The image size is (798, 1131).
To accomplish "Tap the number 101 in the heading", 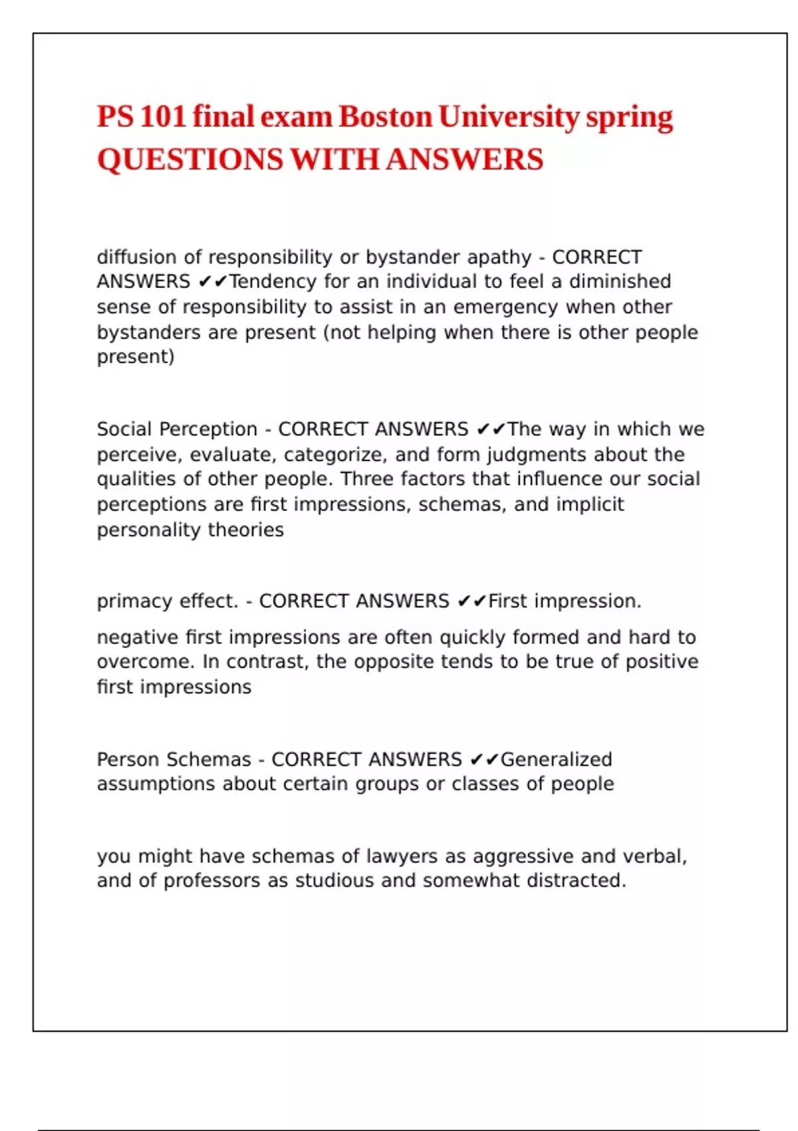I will point(162,117).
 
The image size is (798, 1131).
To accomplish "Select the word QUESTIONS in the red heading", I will point(190,160).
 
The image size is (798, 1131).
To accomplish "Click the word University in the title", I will point(509,117).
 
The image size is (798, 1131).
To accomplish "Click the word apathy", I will point(499,257).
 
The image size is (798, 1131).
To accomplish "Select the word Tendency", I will point(273,281).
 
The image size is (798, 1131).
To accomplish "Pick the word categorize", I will point(333,454).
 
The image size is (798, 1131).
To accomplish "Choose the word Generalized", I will point(556,759).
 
